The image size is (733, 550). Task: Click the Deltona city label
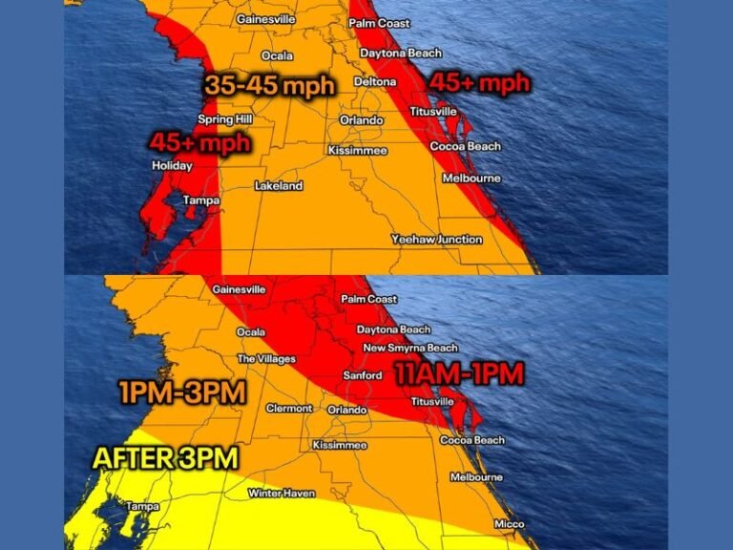375,82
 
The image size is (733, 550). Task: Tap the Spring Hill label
221,119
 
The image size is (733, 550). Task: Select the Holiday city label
172,166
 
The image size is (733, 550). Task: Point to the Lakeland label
279,186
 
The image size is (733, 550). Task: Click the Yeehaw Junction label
437,240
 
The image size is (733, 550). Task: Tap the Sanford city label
363,376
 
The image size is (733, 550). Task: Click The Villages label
260,359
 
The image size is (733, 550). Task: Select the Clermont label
288,409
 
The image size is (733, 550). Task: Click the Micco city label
509,524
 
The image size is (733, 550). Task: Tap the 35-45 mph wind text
269,85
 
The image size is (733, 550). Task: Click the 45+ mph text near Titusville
479,83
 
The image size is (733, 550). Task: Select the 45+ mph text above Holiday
199,143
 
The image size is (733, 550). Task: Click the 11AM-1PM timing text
459,374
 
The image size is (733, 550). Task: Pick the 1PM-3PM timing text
183,392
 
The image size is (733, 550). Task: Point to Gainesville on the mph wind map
265,19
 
